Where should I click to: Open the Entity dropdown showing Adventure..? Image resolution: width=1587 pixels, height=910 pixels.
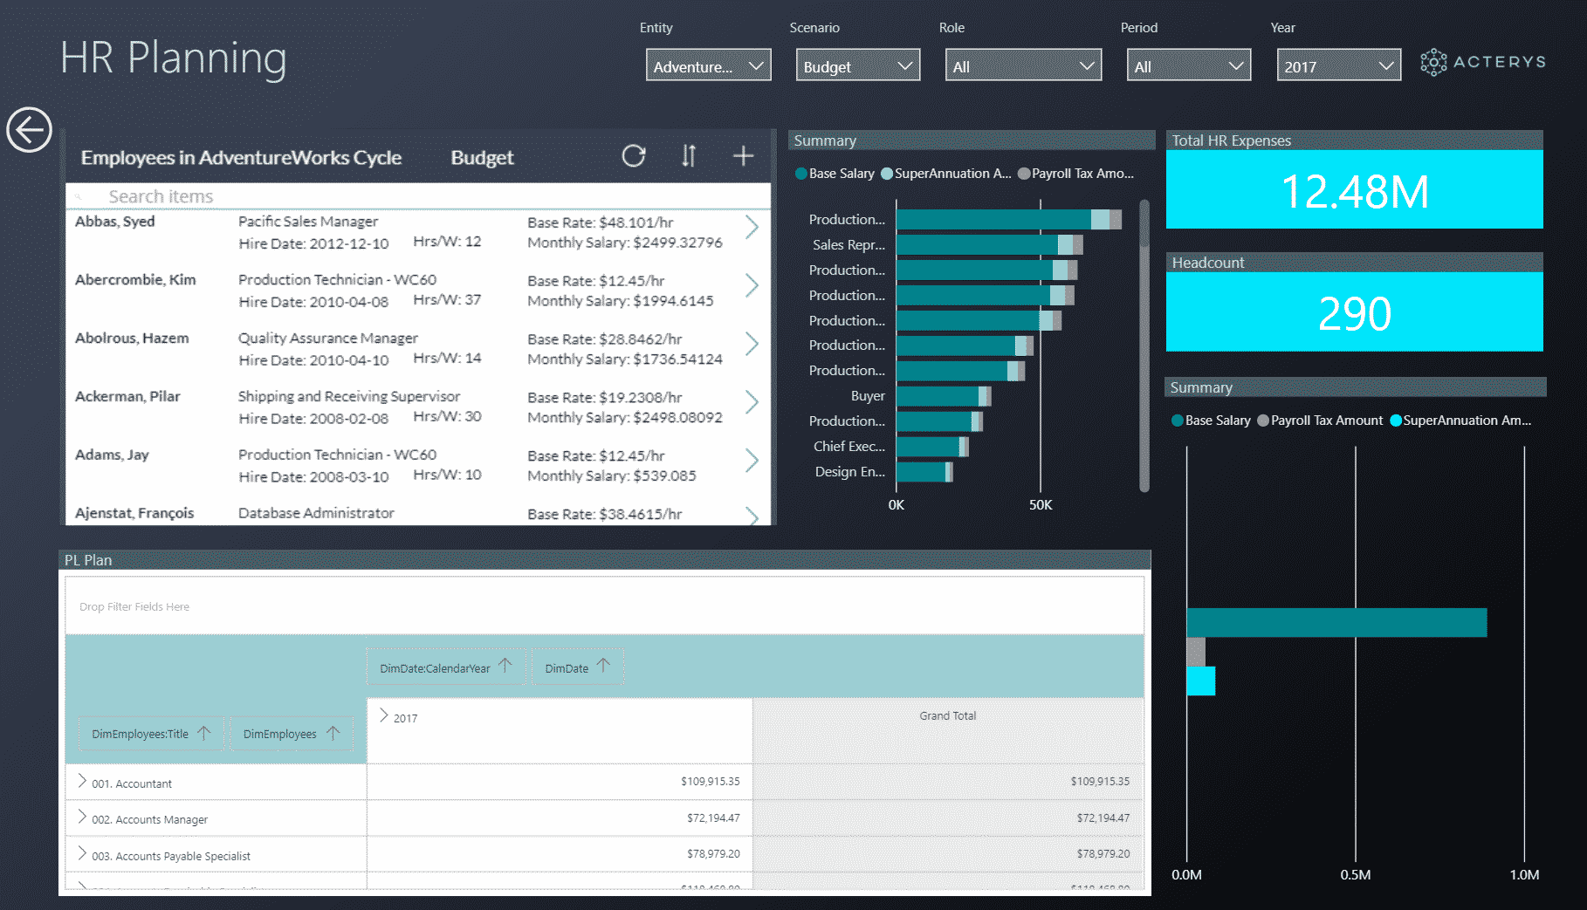point(708,66)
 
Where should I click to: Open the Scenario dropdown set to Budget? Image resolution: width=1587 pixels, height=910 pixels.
point(857,66)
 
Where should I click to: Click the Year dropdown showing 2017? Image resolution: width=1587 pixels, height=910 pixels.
point(1338,66)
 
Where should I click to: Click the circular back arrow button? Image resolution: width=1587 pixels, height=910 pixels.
point(30,130)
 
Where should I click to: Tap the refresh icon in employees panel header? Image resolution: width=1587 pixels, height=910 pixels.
point(634,156)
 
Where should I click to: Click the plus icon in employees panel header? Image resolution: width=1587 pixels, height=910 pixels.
point(743,156)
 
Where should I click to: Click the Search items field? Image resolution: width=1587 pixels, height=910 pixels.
point(349,196)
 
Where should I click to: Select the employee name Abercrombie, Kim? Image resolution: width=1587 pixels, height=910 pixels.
point(135,280)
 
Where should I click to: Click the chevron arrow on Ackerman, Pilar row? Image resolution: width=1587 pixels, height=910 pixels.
point(752,402)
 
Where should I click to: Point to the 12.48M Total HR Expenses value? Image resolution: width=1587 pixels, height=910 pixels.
point(1354,191)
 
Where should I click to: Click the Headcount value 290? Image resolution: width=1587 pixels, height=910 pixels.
point(1354,313)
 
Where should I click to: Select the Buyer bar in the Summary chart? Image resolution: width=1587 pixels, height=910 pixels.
point(938,396)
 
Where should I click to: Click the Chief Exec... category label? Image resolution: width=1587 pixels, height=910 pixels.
point(848,447)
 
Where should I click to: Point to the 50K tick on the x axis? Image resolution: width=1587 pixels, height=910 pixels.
point(1041,505)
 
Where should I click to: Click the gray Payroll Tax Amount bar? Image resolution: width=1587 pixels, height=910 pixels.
point(1196,652)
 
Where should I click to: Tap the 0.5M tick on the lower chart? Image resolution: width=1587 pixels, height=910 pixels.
point(1356,874)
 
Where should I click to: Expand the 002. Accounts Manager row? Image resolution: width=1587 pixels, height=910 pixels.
point(82,817)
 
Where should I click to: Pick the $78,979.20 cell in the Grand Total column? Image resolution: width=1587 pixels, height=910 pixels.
point(1103,854)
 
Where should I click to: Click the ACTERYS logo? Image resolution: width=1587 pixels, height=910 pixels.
point(1483,62)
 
